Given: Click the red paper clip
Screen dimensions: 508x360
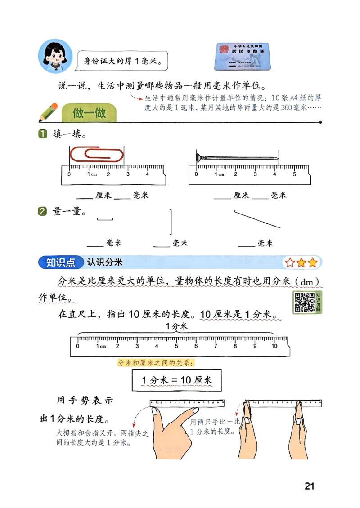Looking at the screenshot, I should click(96, 154).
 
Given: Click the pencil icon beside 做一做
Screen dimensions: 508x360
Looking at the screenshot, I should click(48, 112).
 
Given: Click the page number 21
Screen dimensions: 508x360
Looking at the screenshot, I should click(309, 486).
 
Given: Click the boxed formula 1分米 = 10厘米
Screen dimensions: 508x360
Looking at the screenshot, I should click(177, 380).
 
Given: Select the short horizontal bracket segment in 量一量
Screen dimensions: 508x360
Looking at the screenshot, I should click(105, 219).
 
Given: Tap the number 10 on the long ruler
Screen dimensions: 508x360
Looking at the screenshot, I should click(274, 346).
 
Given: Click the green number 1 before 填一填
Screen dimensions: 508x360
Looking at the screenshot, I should click(43, 134).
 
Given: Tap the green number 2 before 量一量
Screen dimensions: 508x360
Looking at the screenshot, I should click(43, 211).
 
